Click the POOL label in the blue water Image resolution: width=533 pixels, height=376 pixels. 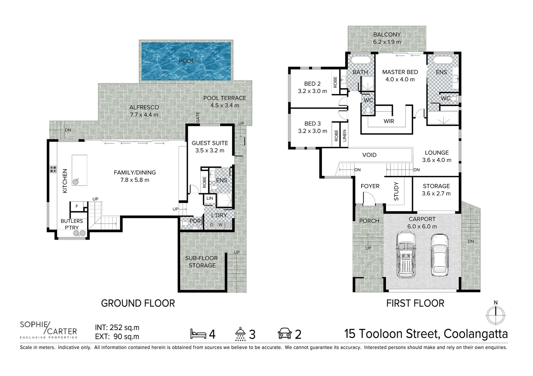(186, 61)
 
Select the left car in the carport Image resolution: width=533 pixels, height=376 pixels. (406, 254)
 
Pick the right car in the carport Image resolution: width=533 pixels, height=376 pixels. (440, 256)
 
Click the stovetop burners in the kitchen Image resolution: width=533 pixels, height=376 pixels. (53, 169)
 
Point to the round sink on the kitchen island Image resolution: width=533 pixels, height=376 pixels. (76, 182)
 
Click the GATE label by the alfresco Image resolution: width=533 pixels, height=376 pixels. (198, 117)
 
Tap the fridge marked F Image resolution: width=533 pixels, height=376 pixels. (77, 206)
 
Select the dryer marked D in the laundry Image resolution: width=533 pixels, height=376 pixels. (212, 225)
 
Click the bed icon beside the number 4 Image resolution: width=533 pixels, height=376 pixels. (198, 334)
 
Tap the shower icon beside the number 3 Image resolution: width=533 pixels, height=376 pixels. (241, 334)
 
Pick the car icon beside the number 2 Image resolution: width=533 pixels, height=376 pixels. (285, 333)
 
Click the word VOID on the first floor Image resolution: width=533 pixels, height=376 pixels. (369, 155)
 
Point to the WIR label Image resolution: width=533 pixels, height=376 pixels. (389, 121)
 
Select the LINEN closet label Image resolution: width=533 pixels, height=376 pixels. (344, 136)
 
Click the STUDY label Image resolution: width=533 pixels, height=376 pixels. (396, 191)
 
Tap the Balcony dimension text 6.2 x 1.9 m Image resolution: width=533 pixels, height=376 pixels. (387, 42)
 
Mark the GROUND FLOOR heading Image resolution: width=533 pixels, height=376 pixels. (138, 304)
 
